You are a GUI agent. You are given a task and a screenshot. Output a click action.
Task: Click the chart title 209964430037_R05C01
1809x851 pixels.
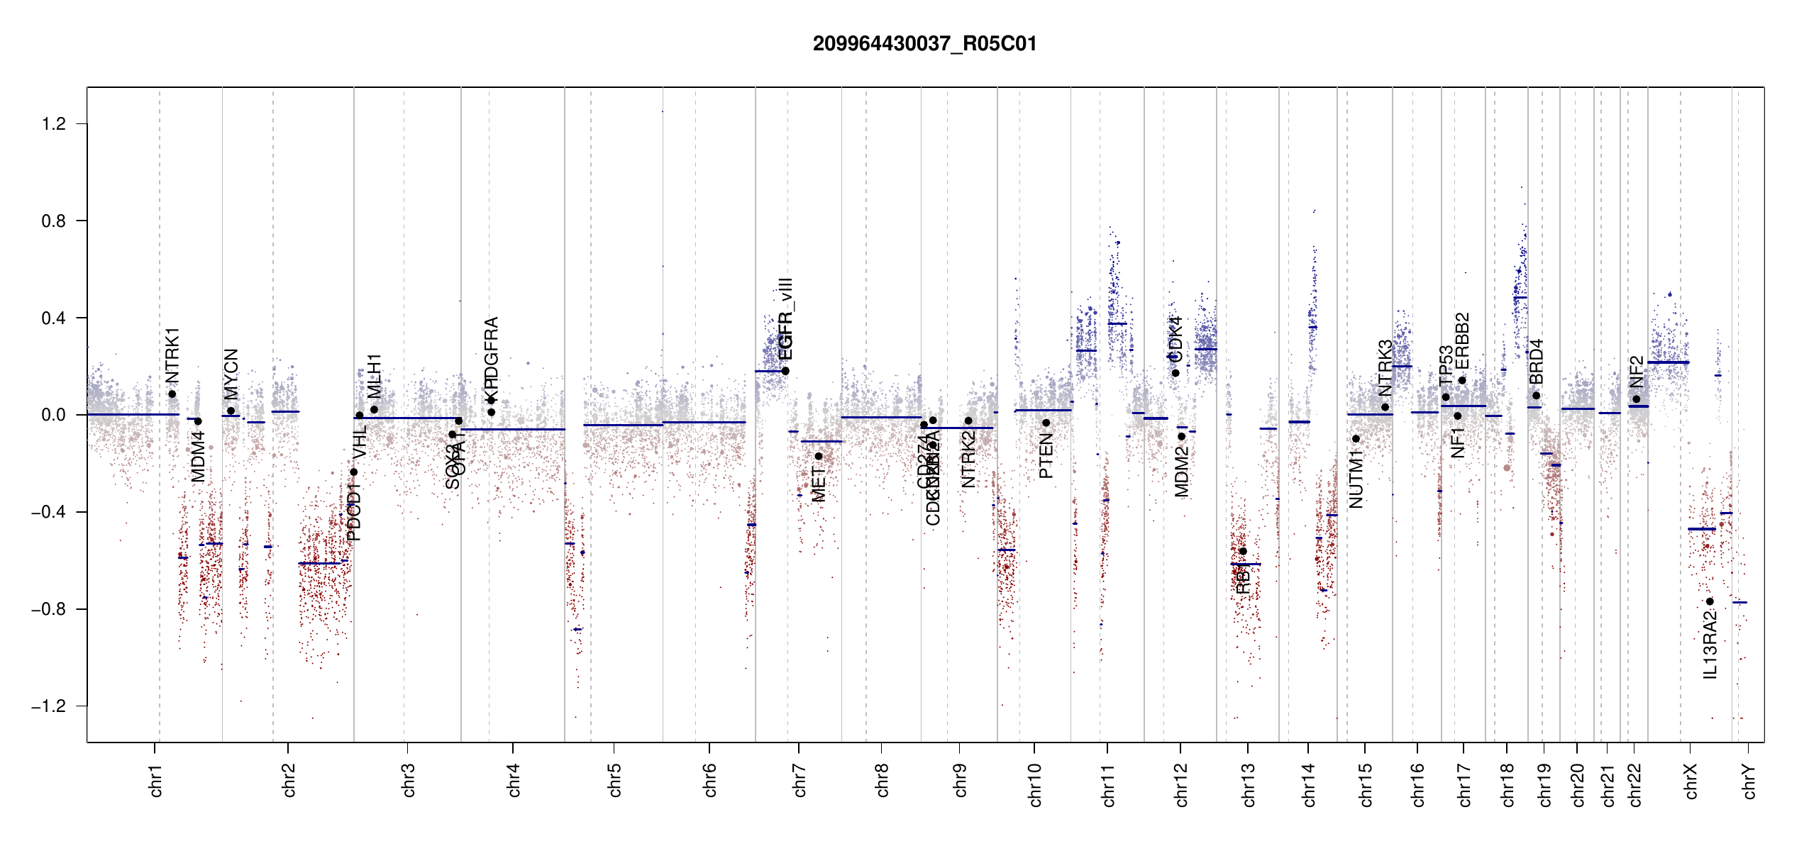(x=924, y=44)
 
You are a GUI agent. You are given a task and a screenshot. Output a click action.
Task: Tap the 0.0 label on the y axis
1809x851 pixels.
(x=53, y=415)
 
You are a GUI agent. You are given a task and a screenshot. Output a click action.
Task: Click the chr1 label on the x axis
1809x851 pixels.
(x=156, y=781)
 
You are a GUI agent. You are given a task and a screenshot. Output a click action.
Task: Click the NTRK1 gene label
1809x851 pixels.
(x=172, y=355)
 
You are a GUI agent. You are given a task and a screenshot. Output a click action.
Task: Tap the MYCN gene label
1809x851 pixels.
(x=231, y=374)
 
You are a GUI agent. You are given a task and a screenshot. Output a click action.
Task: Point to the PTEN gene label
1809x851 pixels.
(x=1046, y=457)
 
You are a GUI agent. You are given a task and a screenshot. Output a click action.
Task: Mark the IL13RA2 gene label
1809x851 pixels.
(x=1710, y=645)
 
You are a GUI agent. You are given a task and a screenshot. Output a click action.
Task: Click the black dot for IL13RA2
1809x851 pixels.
(x=1710, y=601)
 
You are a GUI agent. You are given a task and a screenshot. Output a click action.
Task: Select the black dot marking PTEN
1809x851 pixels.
(x=1046, y=423)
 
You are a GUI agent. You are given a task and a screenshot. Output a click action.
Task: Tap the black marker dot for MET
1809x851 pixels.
(x=819, y=456)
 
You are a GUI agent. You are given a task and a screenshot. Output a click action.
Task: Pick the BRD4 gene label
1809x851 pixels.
(x=1537, y=362)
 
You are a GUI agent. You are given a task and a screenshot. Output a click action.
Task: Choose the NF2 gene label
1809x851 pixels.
(x=1637, y=372)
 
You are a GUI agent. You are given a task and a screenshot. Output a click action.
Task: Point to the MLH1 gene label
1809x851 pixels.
(x=375, y=377)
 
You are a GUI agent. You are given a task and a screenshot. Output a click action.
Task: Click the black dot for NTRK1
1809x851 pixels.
(x=172, y=394)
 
